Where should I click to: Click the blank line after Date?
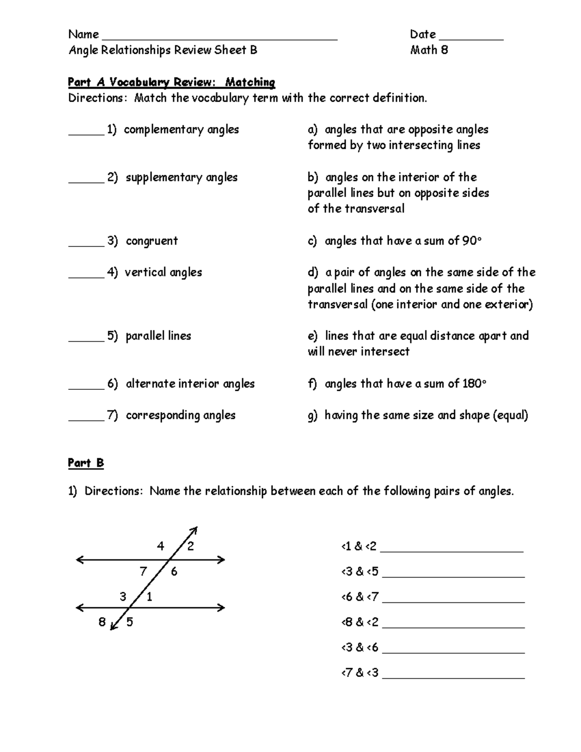click(x=471, y=38)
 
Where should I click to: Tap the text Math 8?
click(x=428, y=50)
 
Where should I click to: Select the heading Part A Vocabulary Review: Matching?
click(x=171, y=82)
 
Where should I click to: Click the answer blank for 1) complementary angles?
click(x=86, y=134)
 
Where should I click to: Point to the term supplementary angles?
click(x=182, y=178)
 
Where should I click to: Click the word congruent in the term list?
click(x=152, y=241)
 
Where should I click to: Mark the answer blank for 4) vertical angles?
click(x=86, y=276)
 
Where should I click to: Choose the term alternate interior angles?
click(x=190, y=384)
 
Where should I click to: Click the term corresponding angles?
click(x=181, y=415)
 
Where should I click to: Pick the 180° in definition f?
click(x=474, y=384)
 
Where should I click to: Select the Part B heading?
click(x=86, y=463)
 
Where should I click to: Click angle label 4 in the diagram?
click(x=160, y=546)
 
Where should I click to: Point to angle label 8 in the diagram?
click(x=102, y=622)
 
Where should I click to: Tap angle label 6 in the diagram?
click(x=174, y=572)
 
